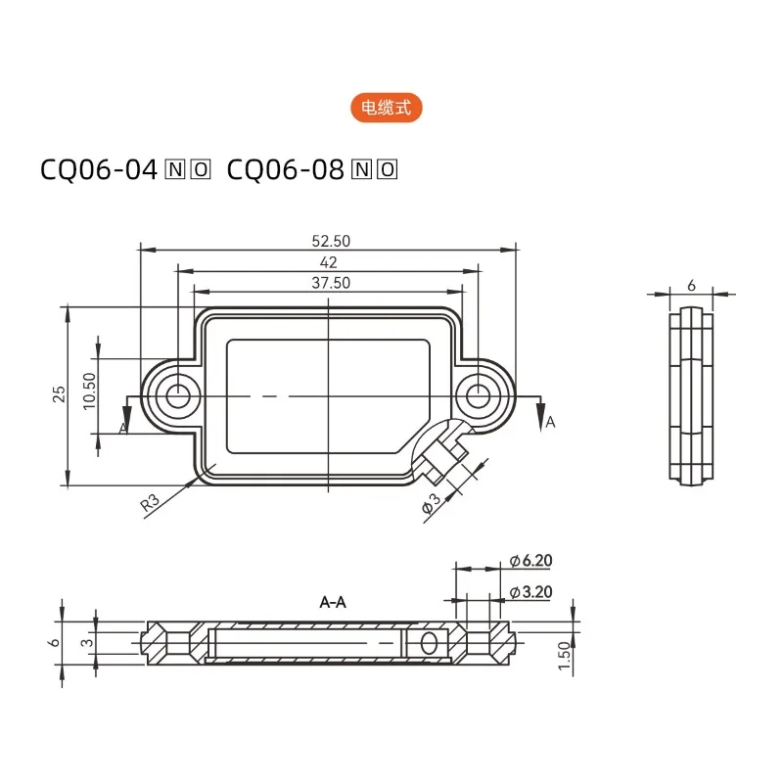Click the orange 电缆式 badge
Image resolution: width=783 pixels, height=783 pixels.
coord(387,109)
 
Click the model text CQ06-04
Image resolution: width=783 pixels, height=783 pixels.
coord(98,170)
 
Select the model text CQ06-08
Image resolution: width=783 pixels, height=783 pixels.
coord(286,170)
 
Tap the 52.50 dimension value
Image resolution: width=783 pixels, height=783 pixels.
coord(330,241)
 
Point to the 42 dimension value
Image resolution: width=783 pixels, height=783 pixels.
coord(329,262)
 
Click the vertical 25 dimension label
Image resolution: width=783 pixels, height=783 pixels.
coord(59,394)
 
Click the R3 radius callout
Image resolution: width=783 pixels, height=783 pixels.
coord(150,504)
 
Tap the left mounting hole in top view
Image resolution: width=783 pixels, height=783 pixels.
coord(178,395)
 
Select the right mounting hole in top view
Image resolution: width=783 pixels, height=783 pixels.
coord(478,395)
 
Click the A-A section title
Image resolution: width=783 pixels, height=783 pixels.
coord(333,603)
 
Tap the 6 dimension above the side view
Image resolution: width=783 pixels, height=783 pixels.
coord(691,285)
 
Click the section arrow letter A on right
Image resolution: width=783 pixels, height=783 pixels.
coord(550,422)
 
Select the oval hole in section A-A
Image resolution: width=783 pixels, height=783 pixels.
coord(428,643)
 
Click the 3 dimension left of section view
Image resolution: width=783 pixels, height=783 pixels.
coord(87,642)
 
